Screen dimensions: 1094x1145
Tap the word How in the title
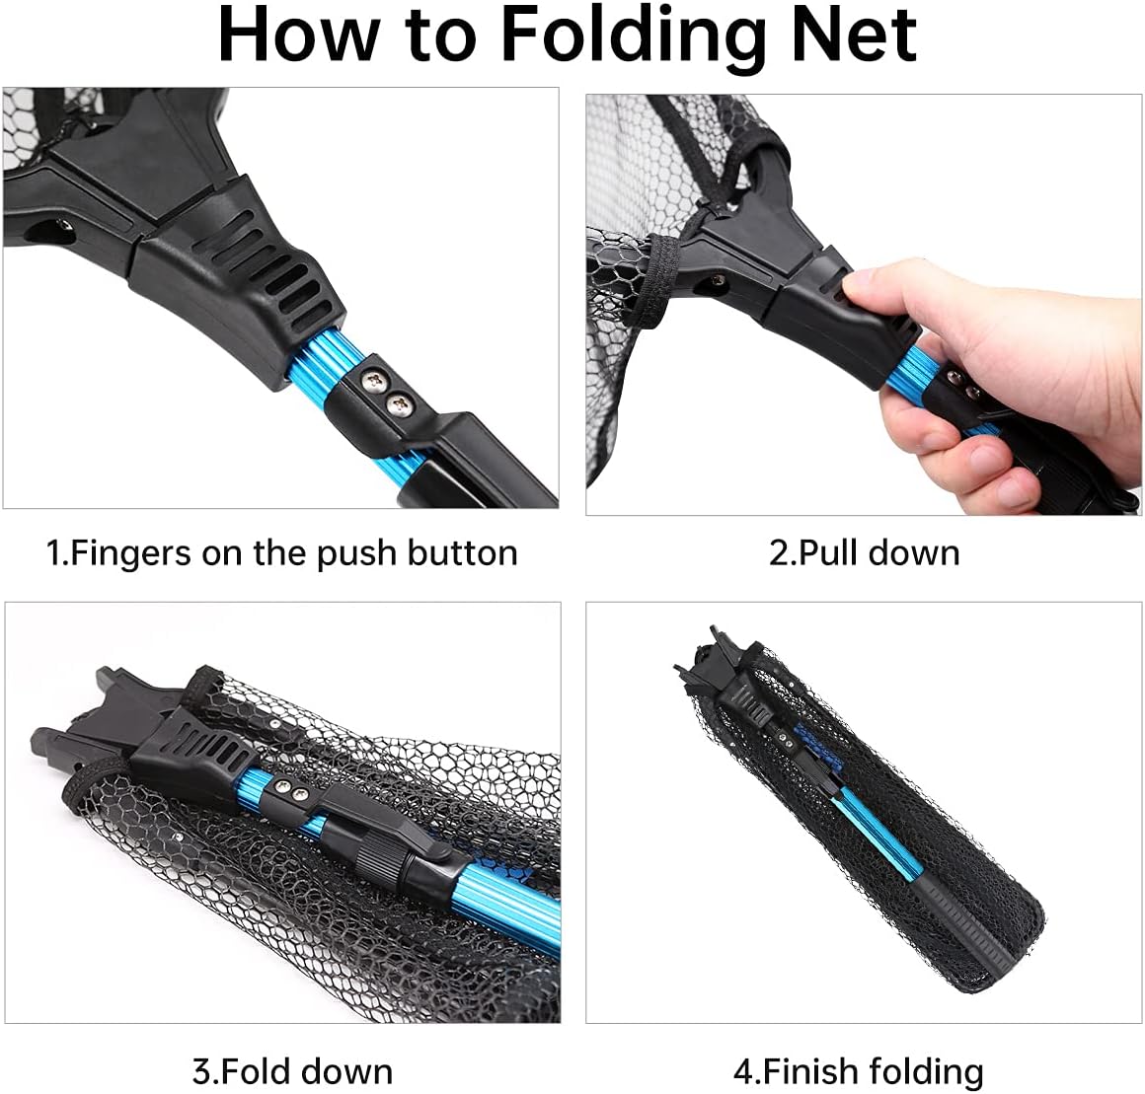coord(296,36)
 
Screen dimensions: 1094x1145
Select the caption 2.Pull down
coord(864,552)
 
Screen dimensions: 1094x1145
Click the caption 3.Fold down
coord(292,1070)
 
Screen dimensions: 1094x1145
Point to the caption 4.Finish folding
coord(858,1070)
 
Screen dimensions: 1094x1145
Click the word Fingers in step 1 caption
coord(134,552)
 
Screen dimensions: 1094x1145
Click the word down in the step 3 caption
coord(346,1070)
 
